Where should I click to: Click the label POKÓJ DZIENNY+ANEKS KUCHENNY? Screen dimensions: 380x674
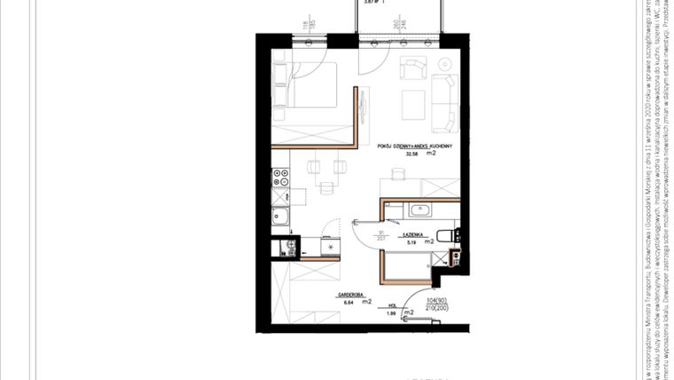coord(415,145)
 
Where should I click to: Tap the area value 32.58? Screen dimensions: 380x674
coord(411,154)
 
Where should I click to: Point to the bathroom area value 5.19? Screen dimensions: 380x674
coord(411,241)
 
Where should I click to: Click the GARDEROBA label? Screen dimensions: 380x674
coord(347,292)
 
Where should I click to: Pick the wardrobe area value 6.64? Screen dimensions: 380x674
coord(346,302)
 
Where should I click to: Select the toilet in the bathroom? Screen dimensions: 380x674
coord(455,235)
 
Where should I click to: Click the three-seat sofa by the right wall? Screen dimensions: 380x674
coord(445,99)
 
